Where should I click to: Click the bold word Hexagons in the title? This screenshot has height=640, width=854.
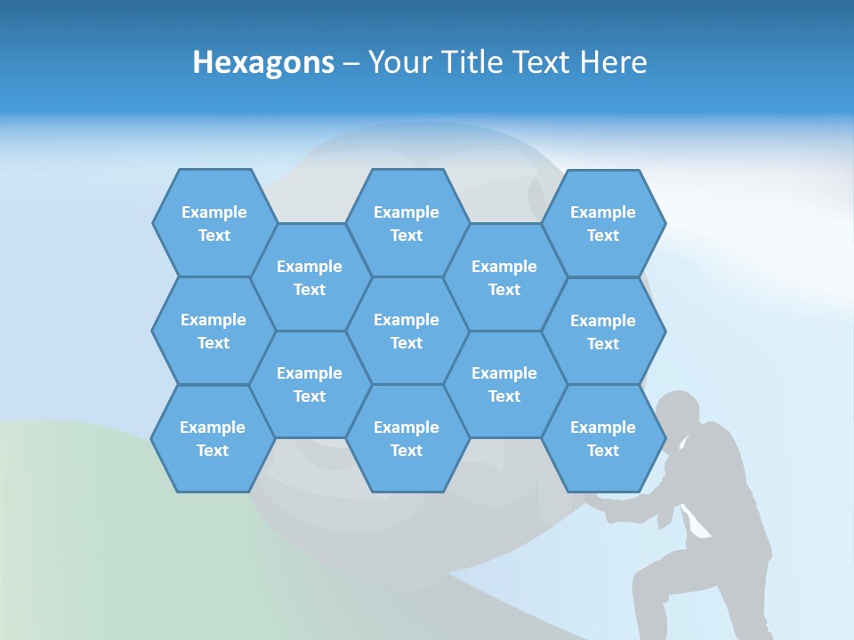[x=263, y=63]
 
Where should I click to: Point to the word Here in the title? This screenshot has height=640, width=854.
[x=613, y=63]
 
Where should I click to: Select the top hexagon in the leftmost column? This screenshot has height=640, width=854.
[x=213, y=223]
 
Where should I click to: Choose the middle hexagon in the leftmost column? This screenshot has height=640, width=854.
[x=213, y=331]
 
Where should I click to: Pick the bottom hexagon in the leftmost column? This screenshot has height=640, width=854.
[x=213, y=438]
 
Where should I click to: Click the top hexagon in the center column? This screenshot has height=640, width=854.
[x=407, y=223]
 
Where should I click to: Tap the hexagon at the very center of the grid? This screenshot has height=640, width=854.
[x=407, y=331]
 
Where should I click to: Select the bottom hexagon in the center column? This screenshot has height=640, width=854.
[x=407, y=438]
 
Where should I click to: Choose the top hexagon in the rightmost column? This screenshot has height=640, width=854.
[x=603, y=223]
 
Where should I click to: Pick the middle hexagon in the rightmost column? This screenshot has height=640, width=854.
[x=603, y=332]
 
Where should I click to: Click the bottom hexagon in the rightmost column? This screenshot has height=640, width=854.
[x=603, y=438]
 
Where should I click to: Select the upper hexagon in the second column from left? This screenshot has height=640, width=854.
[x=310, y=277]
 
